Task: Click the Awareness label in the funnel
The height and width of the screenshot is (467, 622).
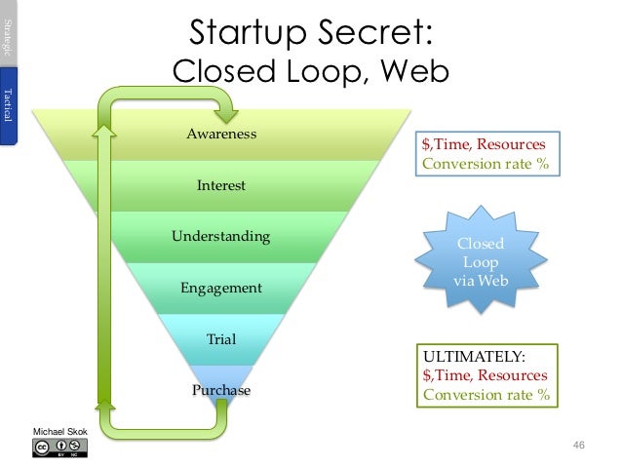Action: point(221,134)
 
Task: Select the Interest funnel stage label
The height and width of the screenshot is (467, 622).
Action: point(221,185)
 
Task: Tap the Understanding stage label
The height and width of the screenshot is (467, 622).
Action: point(221,236)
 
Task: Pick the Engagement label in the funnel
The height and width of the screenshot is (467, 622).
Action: point(221,288)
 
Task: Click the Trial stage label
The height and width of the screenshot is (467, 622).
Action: point(221,339)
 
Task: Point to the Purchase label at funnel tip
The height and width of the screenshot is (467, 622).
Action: point(221,391)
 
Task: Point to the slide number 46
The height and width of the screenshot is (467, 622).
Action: point(578,446)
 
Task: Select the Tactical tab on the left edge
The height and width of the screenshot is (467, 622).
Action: point(9,106)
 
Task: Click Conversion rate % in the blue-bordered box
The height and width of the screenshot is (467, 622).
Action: point(485,164)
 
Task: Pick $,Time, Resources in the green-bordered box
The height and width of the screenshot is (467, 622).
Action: point(485,376)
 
